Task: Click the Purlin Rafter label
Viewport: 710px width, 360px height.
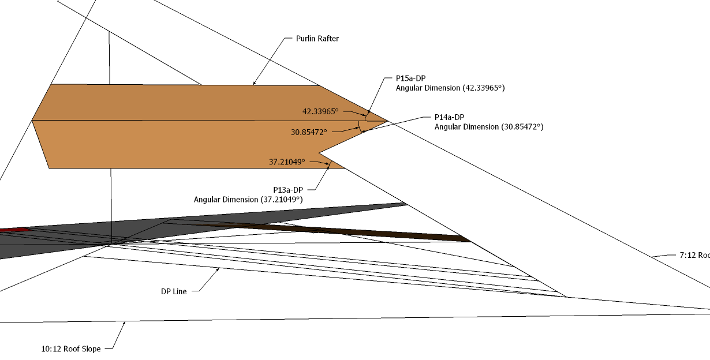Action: tap(317, 39)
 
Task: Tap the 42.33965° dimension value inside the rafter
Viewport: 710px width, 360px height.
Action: tap(320, 111)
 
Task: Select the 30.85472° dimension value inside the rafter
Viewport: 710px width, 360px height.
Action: tap(309, 132)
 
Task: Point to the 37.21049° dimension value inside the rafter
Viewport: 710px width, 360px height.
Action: tap(287, 162)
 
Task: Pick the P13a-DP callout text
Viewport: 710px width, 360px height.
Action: tap(288, 189)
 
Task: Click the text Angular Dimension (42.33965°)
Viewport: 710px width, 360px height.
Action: tap(450, 88)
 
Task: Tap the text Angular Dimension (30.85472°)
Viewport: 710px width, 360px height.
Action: tap(489, 126)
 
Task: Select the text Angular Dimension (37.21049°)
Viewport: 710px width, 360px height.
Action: tap(248, 199)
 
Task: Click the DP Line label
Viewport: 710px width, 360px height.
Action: tap(174, 291)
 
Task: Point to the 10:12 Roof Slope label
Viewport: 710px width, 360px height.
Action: tap(70, 349)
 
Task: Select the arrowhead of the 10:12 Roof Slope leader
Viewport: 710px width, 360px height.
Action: tap(124, 322)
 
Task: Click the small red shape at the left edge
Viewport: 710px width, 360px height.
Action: tap(12, 230)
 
